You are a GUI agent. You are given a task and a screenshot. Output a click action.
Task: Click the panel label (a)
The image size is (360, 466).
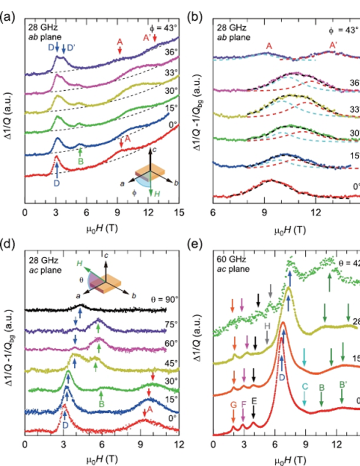point(8,17)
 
